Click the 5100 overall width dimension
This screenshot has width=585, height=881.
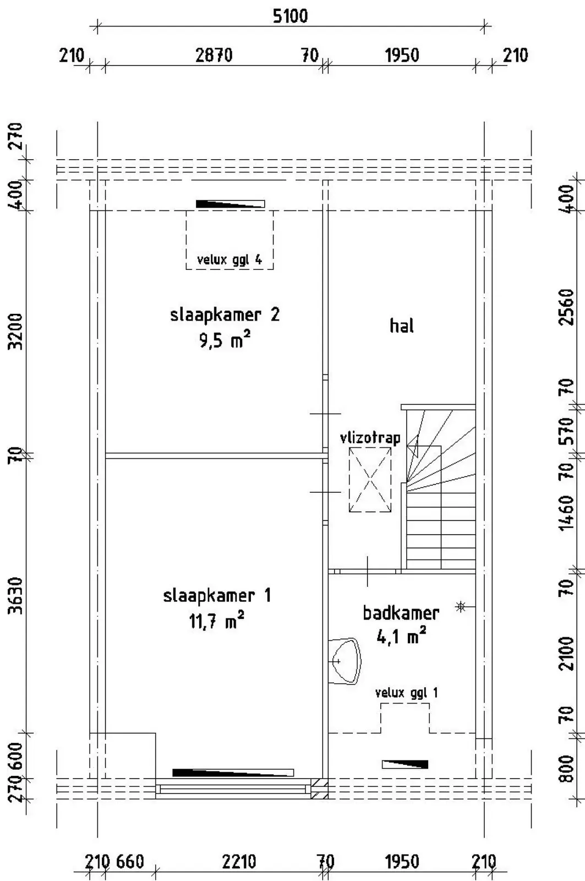tap(290, 17)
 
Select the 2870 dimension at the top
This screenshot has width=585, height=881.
tap(214, 56)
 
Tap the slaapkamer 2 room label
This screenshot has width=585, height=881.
tap(225, 316)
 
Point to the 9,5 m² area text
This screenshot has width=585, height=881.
tap(225, 340)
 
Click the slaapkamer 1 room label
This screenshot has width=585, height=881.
tap(217, 596)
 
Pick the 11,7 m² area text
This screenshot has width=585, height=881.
tap(217, 621)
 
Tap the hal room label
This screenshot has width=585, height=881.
tap(401, 325)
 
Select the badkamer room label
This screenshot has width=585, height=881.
tap(401, 613)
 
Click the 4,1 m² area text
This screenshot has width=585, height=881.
tap(401, 637)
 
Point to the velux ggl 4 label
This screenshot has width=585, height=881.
tap(229, 260)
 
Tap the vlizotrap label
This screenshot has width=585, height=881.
tap(370, 438)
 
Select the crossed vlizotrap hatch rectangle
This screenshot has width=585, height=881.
tap(370, 480)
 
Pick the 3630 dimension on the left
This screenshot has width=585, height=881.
tap(17, 595)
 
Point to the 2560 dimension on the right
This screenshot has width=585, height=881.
tap(567, 307)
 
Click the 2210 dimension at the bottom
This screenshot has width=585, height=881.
tap(239, 862)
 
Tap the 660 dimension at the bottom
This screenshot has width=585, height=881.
tap(130, 862)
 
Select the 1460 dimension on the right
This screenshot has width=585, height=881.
tap(567, 513)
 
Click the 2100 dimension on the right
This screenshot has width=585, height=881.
tap(567, 654)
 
